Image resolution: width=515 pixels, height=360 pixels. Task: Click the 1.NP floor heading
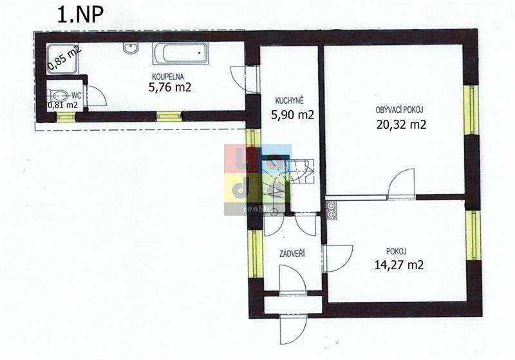click(80, 15)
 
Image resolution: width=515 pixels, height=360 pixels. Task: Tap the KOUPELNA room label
click(168, 77)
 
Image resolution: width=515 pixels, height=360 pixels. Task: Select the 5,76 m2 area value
click(170, 88)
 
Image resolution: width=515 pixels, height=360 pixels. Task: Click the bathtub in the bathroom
click(180, 53)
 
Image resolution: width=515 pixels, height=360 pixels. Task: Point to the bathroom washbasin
click(131, 48)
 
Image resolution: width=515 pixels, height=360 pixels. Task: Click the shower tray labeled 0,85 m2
click(62, 59)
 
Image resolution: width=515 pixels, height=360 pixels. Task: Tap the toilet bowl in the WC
click(60, 96)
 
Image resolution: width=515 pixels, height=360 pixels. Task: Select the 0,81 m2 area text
click(62, 105)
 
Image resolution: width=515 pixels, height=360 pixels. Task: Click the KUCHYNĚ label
click(289, 100)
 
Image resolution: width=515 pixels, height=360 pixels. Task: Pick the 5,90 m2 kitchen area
click(292, 115)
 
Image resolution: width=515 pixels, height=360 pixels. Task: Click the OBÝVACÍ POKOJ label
click(399, 110)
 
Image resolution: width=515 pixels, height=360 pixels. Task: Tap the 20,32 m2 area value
click(401, 124)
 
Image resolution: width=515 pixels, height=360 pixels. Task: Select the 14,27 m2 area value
click(398, 265)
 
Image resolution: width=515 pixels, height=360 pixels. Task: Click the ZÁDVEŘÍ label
click(292, 254)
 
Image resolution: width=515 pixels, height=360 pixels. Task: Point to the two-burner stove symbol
click(331, 210)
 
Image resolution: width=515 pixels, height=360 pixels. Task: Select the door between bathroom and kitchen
click(245, 79)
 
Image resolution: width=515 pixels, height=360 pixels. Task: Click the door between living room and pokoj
click(401, 184)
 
